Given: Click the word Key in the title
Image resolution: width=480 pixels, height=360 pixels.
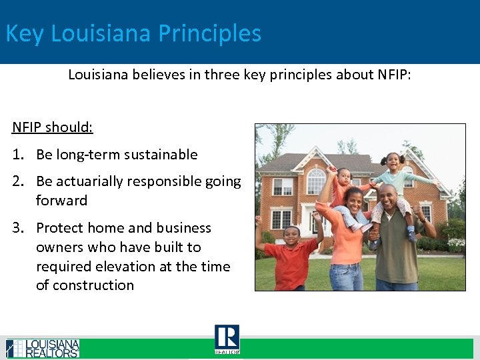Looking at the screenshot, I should pos(24,33).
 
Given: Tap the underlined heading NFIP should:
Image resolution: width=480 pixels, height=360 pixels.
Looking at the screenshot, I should pos(53,127).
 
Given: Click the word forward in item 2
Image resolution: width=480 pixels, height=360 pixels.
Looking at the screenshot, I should pos(61,201).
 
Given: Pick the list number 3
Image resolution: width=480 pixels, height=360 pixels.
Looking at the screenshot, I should pos(19,228).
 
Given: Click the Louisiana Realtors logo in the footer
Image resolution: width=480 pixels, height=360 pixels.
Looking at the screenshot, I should pos(43,348).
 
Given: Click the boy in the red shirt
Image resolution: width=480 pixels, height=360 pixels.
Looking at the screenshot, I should pos(291,257).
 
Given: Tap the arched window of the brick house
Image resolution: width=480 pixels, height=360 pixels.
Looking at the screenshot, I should pos(315,181).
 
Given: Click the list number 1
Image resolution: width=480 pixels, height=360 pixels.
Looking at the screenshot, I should pos(19,155).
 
